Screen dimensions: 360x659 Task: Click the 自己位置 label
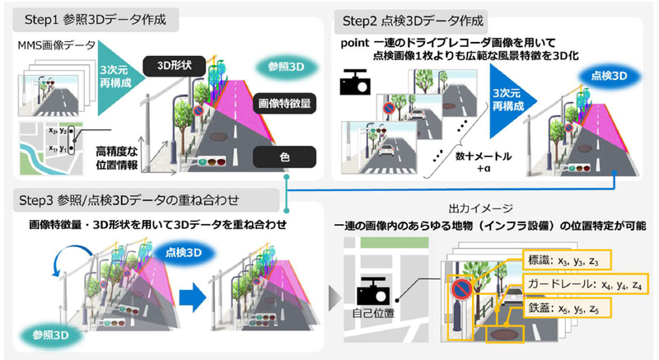(x=372, y=314)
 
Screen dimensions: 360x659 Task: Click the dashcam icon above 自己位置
(x=372, y=292)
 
